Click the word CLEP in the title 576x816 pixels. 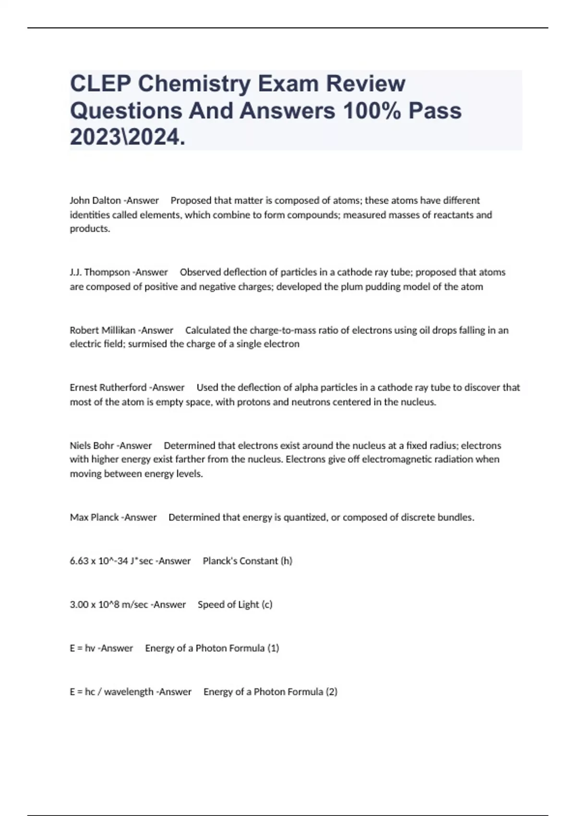pyautogui.click(x=100, y=84)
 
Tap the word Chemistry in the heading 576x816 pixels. pyautogui.click(x=194, y=84)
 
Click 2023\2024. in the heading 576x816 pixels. pyautogui.click(x=127, y=137)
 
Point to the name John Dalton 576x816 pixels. pyautogui.click(x=95, y=201)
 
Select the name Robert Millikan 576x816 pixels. pyautogui.click(x=102, y=330)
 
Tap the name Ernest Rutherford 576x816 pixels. pyautogui.click(x=108, y=387)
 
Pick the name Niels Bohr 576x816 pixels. pyautogui.click(x=92, y=445)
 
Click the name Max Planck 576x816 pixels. pyautogui.click(x=94, y=517)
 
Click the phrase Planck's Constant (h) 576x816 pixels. pyautogui.click(x=247, y=561)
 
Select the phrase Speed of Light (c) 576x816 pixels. pyautogui.click(x=235, y=604)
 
